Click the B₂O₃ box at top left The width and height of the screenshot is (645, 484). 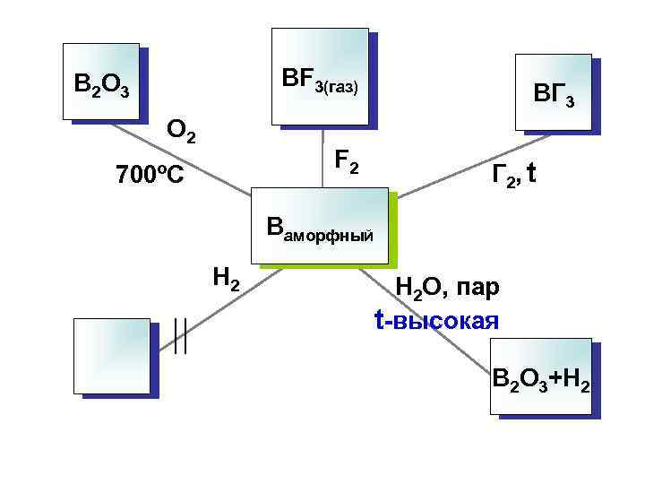pos(101,82)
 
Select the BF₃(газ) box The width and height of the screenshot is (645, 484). pos(320,76)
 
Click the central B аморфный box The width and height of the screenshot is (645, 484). pos(322,227)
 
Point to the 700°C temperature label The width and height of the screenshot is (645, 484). pos(150,175)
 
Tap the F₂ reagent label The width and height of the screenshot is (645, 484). pos(347,162)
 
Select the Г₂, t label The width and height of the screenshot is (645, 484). pos(513,175)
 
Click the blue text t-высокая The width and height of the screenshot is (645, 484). pos(436,320)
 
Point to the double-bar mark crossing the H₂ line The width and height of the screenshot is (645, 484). pos(180,337)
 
